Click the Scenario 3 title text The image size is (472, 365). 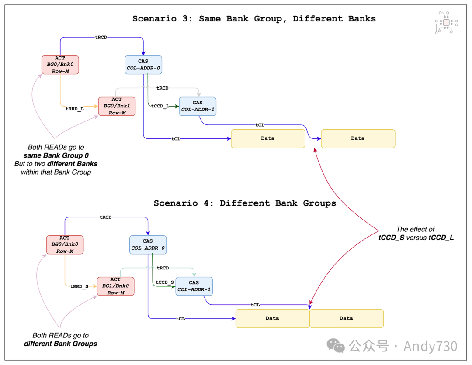[254, 18]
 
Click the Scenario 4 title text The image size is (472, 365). [245, 203]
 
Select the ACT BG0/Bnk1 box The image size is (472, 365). [117, 106]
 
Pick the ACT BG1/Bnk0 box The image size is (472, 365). [115, 286]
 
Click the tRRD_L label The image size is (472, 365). [75, 108]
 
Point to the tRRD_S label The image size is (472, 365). [79, 286]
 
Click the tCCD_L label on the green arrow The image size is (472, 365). [160, 106]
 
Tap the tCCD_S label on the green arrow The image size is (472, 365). [164, 282]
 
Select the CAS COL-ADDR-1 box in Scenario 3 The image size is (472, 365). [198, 106]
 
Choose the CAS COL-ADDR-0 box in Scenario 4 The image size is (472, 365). [148, 244]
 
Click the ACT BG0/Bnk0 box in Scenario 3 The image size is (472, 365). [60, 65]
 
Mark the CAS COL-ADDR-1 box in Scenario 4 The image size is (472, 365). [194, 286]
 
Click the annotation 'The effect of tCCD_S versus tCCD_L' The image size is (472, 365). [416, 234]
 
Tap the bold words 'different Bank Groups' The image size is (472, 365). [60, 344]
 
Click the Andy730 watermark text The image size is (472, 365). [430, 346]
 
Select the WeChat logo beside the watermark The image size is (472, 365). [336, 346]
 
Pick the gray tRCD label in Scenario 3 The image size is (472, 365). [163, 88]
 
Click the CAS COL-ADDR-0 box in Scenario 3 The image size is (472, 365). [143, 65]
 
